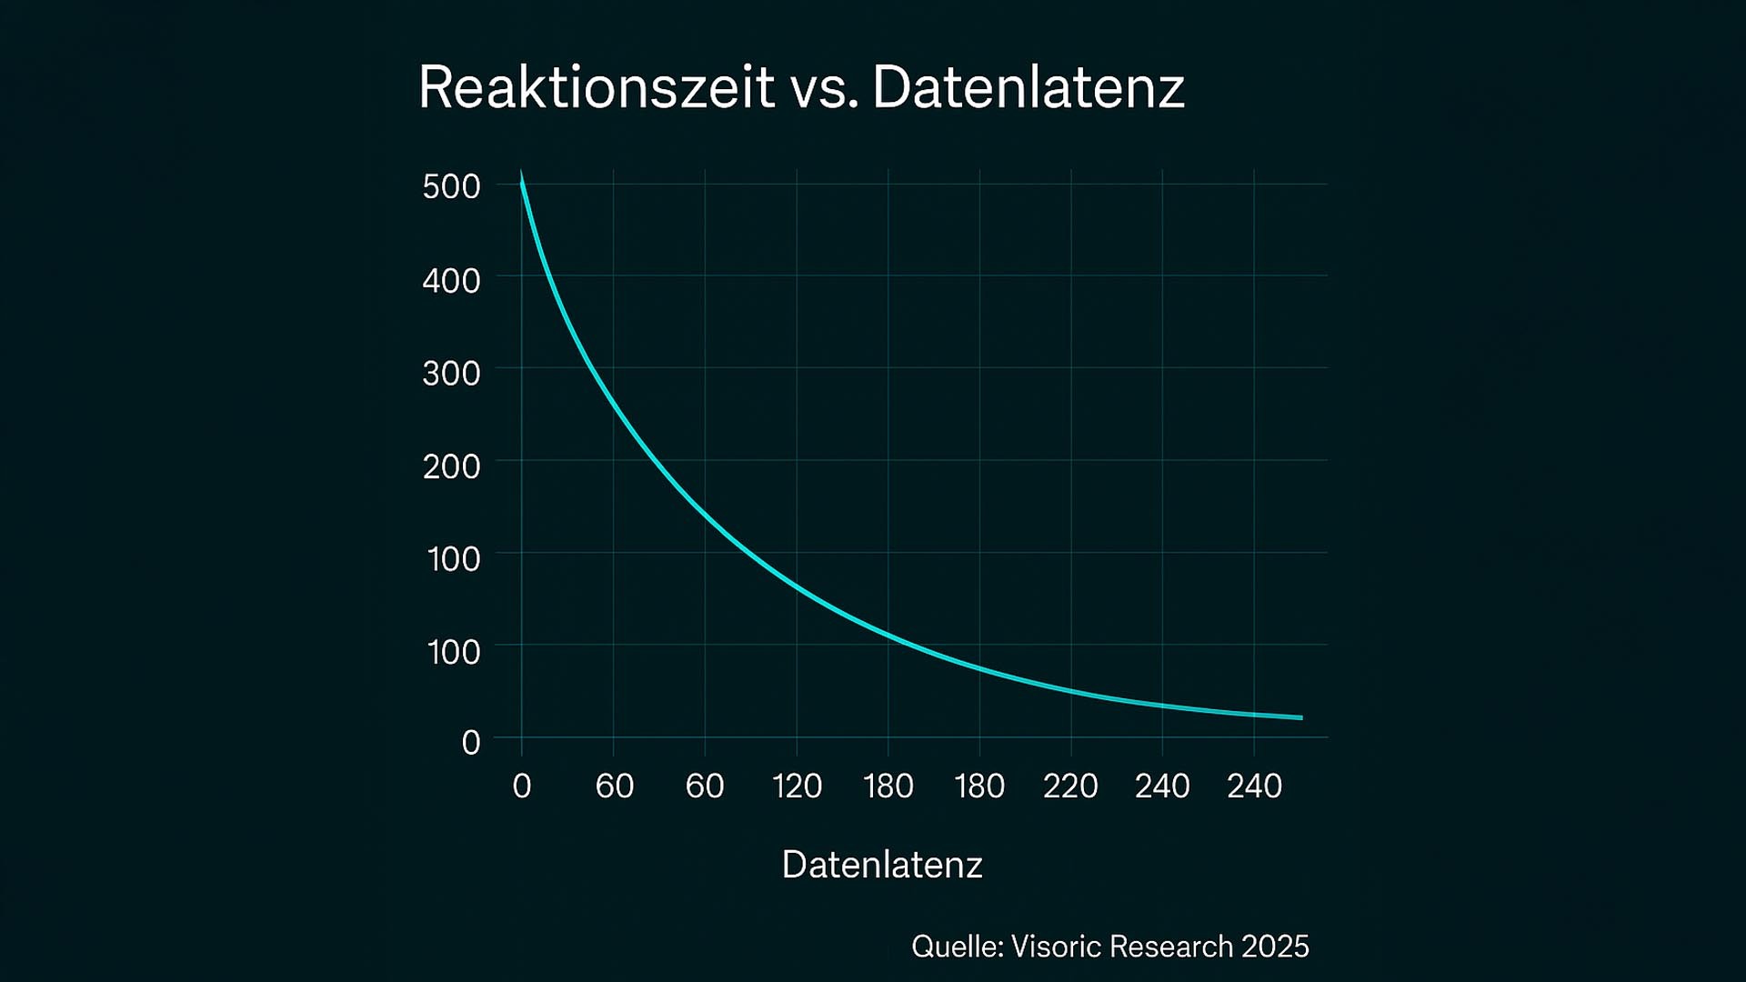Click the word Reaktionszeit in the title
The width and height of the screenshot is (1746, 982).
point(596,88)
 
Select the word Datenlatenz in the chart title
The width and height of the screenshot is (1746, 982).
point(1029,88)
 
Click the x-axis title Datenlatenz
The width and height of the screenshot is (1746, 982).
point(882,865)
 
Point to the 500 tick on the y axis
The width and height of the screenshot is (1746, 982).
point(451,186)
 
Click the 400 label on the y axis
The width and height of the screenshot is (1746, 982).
point(451,280)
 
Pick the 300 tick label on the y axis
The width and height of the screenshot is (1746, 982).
point(451,373)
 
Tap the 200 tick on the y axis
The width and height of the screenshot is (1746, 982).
point(451,466)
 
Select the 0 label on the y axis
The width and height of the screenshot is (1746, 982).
point(470,743)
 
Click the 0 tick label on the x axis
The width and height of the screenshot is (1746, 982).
point(521,786)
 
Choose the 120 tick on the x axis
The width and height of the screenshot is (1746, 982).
point(797,786)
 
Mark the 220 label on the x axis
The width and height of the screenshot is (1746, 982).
point(1070,786)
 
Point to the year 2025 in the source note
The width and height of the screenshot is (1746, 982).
point(1275,947)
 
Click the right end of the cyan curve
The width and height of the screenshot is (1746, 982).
point(1301,718)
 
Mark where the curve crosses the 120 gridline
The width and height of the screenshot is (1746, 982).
point(797,586)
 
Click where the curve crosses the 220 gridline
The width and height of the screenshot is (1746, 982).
point(1071,692)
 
